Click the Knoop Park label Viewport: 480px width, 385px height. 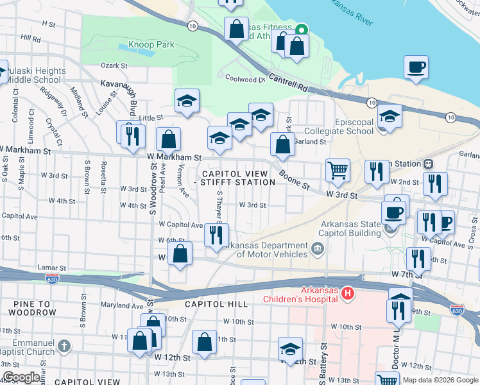[x=151, y=45]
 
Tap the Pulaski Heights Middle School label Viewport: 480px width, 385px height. [x=36, y=75]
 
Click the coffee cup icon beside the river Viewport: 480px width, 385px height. [x=416, y=67]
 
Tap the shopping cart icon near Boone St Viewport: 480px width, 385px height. [x=338, y=170]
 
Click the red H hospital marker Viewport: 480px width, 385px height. [x=347, y=294]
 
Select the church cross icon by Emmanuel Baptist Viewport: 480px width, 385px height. [x=63, y=346]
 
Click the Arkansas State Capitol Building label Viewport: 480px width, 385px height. [x=351, y=228]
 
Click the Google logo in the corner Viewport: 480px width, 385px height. [x=21, y=377]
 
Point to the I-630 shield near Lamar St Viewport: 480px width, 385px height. [x=53, y=279]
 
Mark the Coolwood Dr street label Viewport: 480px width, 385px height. [x=244, y=80]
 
